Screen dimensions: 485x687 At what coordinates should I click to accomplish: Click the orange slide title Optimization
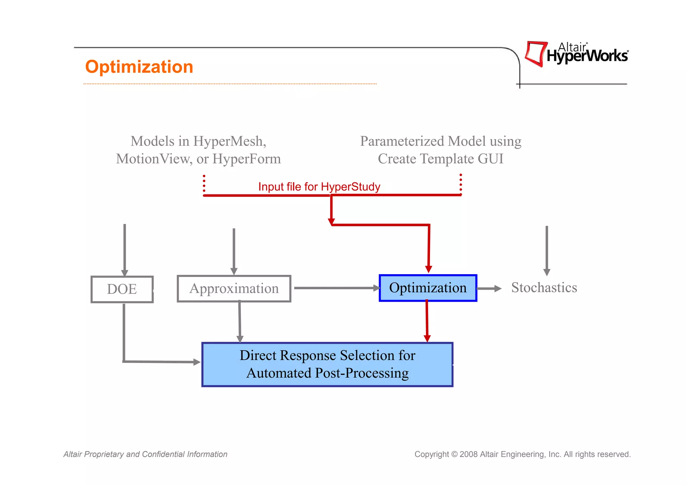139,67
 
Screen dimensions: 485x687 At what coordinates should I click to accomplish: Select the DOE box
122,289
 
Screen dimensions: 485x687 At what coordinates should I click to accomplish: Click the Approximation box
234,289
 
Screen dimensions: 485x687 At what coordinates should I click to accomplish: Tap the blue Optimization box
428,288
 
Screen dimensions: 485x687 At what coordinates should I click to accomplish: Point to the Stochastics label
544,288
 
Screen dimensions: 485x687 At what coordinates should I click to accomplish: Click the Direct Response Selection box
327,364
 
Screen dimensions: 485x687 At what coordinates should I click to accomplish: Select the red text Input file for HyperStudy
319,187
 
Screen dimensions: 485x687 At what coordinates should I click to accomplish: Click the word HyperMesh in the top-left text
229,141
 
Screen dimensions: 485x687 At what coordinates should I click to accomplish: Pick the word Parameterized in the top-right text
402,141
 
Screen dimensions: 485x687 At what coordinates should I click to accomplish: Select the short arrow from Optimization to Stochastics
489,288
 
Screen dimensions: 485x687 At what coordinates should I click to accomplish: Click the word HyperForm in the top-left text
247,159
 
